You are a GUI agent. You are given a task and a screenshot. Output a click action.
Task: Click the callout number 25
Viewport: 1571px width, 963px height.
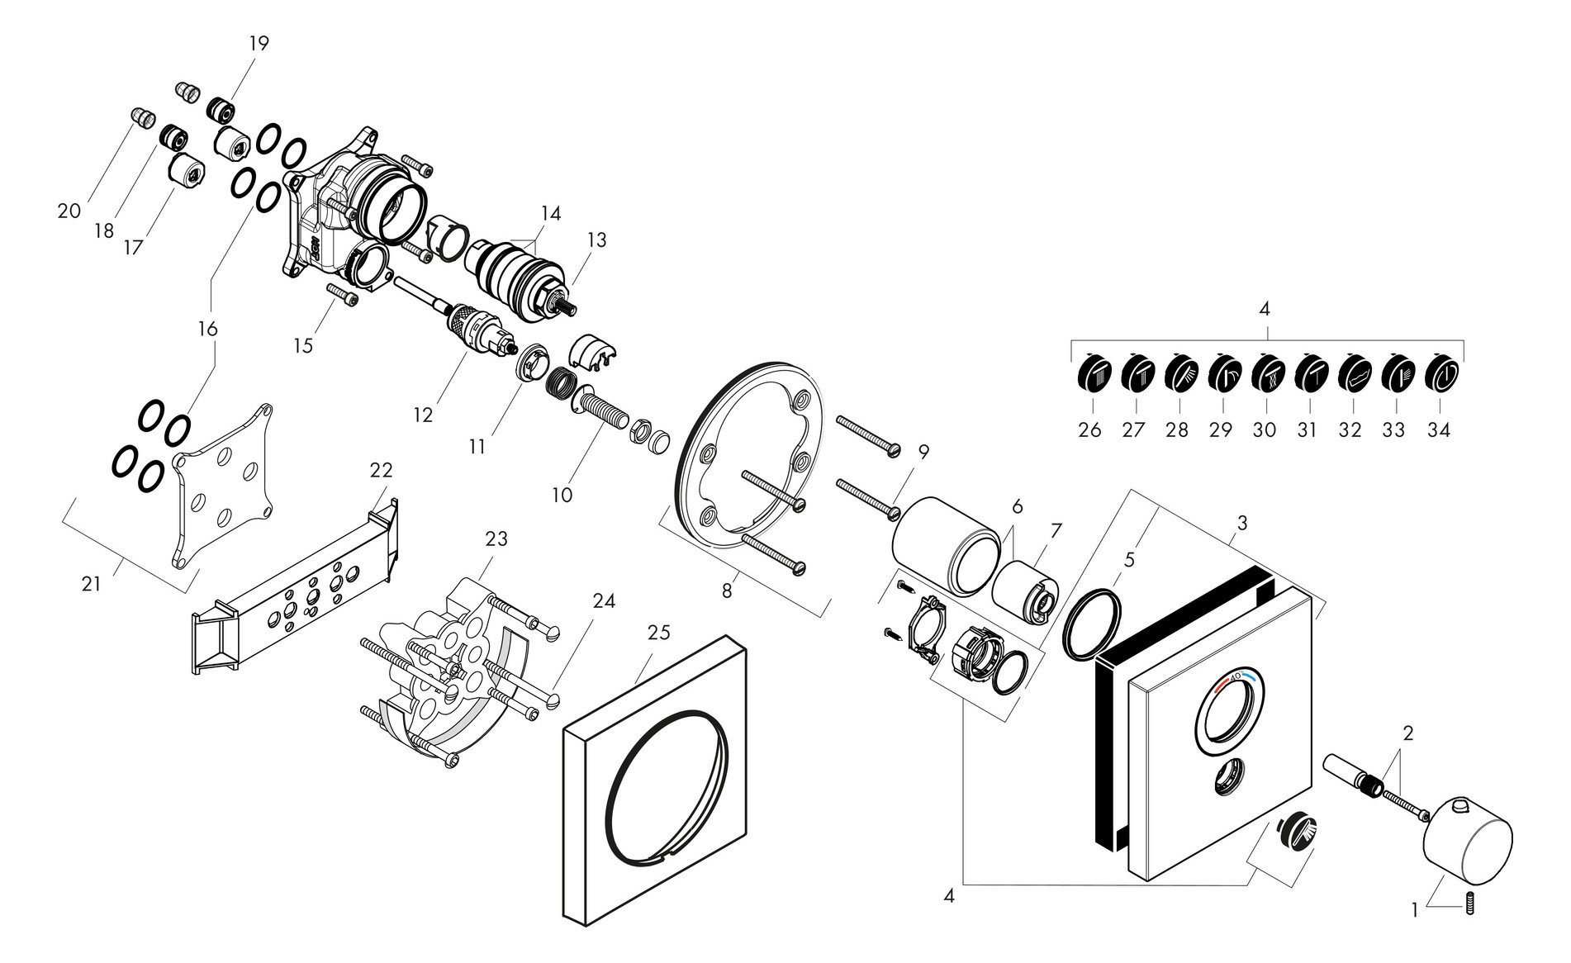point(658,633)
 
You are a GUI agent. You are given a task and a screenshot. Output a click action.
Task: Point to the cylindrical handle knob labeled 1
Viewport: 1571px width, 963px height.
point(1468,838)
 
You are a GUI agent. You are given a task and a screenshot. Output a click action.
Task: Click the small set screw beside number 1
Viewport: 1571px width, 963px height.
point(1469,904)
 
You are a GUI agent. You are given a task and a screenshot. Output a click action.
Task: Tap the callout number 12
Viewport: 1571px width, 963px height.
point(423,415)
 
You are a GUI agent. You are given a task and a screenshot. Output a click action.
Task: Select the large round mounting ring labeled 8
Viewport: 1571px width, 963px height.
point(752,450)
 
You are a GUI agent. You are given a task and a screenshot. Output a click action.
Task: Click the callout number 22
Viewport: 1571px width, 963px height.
point(381,470)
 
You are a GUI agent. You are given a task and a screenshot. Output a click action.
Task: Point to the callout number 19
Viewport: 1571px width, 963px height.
point(259,43)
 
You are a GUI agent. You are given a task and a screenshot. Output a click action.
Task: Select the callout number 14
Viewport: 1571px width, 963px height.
point(551,214)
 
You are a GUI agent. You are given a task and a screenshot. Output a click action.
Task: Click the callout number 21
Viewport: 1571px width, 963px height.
point(91,584)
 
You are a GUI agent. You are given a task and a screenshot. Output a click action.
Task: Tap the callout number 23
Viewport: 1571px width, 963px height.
point(496,539)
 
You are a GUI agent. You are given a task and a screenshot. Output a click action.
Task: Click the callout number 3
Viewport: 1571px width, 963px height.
point(1241,523)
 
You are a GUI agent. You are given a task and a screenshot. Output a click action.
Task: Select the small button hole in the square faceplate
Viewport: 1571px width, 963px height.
point(1231,777)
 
